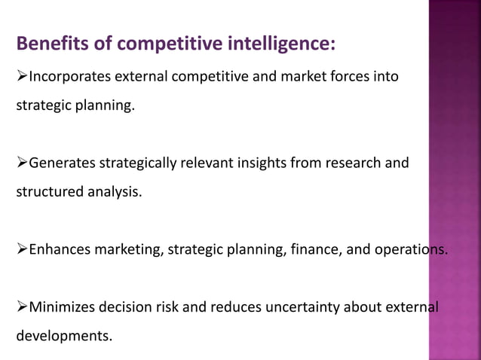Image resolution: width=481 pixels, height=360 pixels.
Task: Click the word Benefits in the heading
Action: pos(51,44)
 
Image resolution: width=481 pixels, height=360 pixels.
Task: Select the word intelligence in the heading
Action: pos(280,44)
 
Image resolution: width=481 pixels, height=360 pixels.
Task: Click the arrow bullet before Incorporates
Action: pos(21,77)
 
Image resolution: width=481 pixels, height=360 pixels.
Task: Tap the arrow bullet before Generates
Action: pos(21,162)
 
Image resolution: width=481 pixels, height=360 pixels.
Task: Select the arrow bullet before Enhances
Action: pos(21,249)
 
